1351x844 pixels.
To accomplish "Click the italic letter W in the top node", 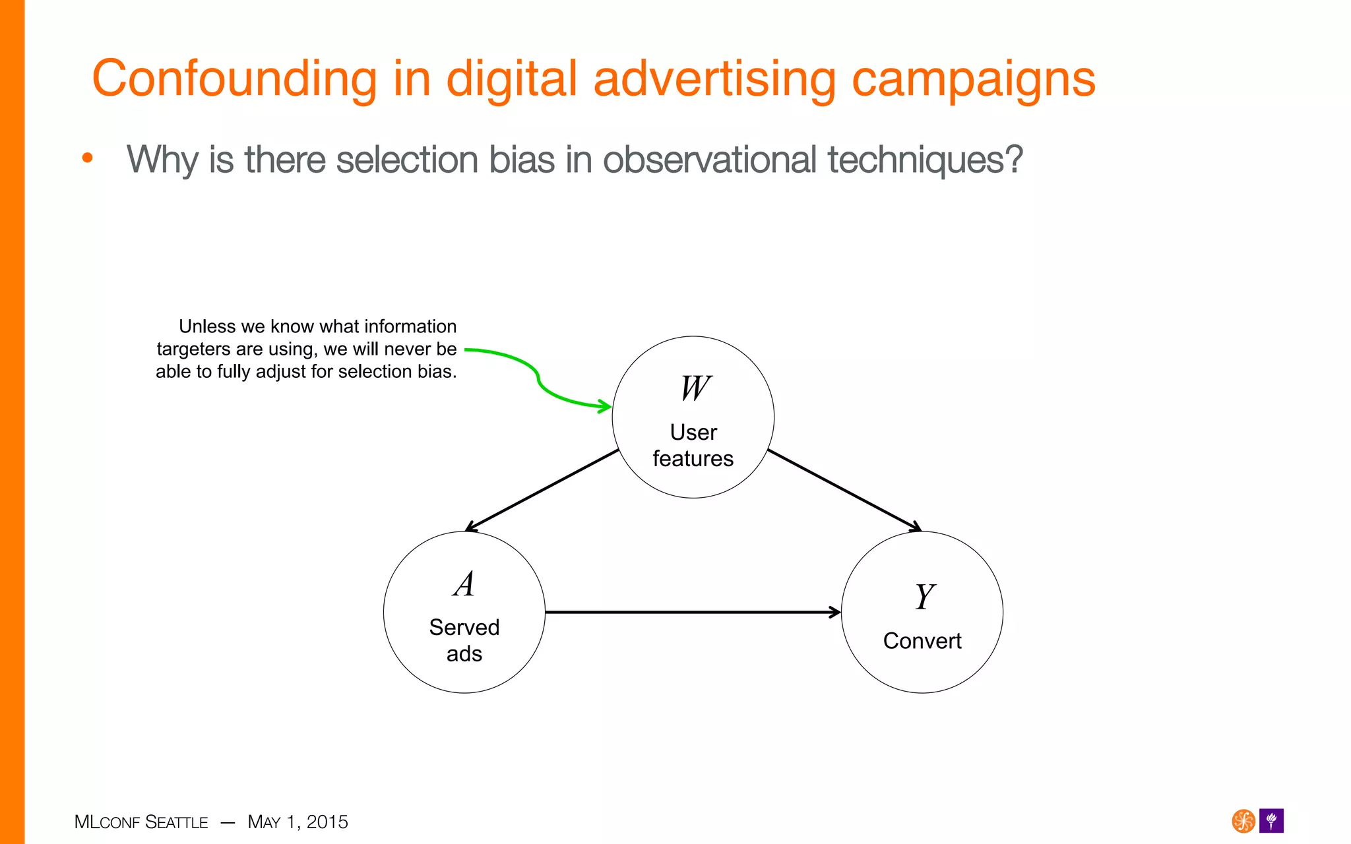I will (x=695, y=388).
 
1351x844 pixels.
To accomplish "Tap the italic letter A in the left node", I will (x=464, y=584).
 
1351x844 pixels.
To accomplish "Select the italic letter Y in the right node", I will (x=924, y=597).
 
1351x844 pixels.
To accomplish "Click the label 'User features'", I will (x=693, y=445).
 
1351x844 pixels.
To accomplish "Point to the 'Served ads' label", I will (x=464, y=640).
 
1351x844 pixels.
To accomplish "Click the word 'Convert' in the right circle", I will (x=922, y=641).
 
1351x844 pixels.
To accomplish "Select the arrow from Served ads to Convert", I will (x=693, y=612).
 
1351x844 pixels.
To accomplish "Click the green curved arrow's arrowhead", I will (x=604, y=406).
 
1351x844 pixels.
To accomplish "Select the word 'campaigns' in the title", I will (x=974, y=79).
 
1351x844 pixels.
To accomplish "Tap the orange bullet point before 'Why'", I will (x=87, y=158).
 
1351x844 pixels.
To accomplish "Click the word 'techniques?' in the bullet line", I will (x=925, y=160).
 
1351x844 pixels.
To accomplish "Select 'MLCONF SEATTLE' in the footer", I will (x=141, y=822).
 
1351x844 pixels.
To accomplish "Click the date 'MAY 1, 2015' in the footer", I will (x=298, y=822).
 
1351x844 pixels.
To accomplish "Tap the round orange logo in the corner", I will (x=1243, y=821).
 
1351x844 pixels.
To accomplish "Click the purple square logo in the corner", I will (x=1271, y=821).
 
